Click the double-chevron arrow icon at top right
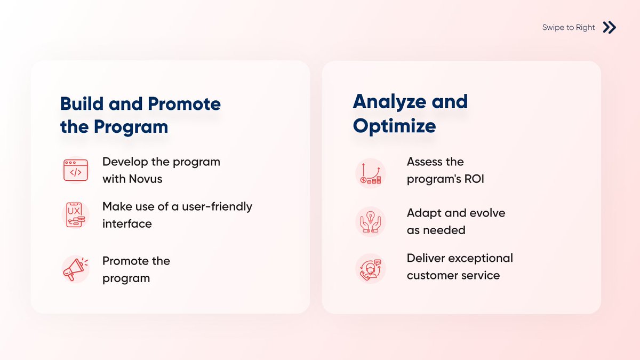[x=610, y=27]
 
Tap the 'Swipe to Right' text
[x=569, y=28]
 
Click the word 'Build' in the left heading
[x=82, y=103]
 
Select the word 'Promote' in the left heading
[x=184, y=103]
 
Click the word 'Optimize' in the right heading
[x=394, y=126]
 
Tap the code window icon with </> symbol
[x=75, y=170]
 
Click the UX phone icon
[x=75, y=215]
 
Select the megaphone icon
[x=74, y=269]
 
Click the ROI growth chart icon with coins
[x=370, y=173]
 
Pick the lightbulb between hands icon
[x=370, y=221]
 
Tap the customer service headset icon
[x=370, y=268]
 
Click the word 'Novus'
[x=146, y=179]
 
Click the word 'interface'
[x=127, y=223]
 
